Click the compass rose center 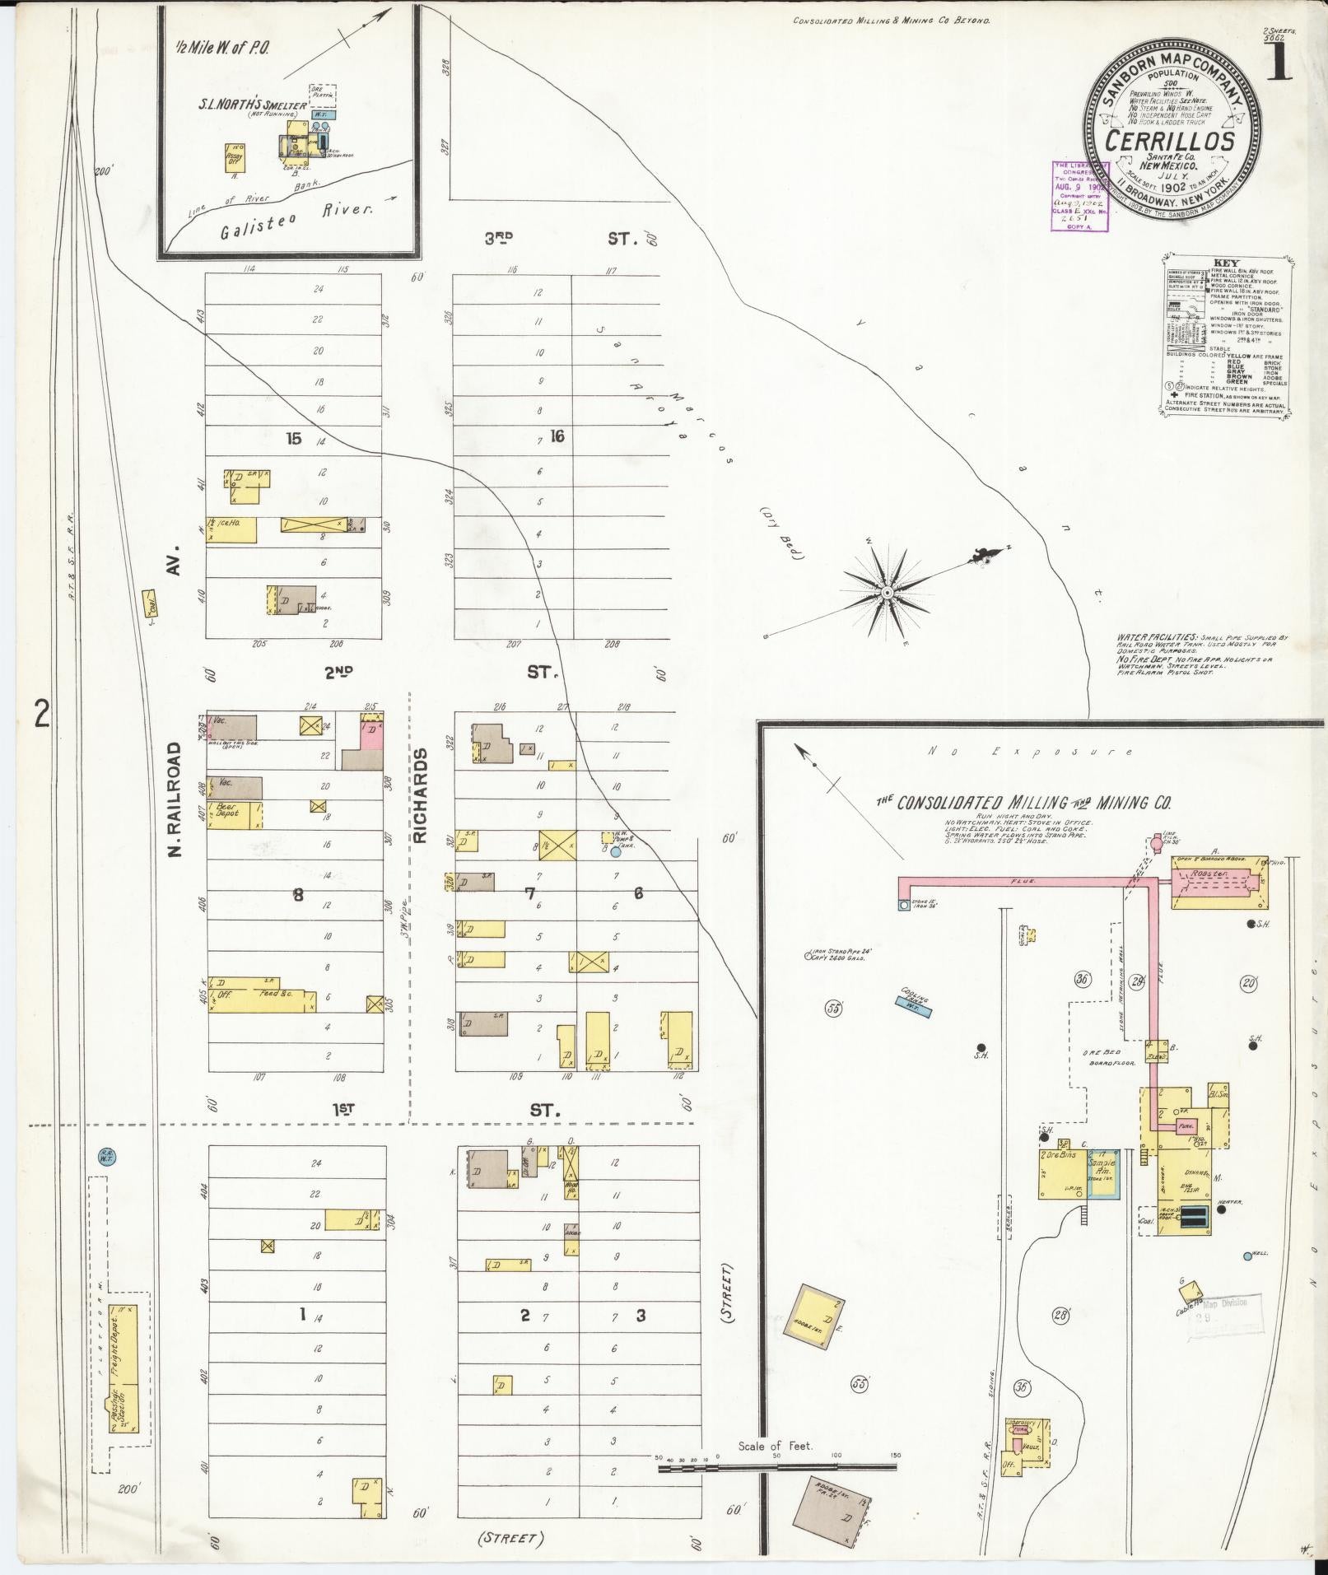[x=888, y=593]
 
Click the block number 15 [x=294, y=438]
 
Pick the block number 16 [x=557, y=436]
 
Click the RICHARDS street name [x=421, y=795]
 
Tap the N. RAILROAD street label [x=175, y=799]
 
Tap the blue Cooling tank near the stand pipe [x=911, y=1000]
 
